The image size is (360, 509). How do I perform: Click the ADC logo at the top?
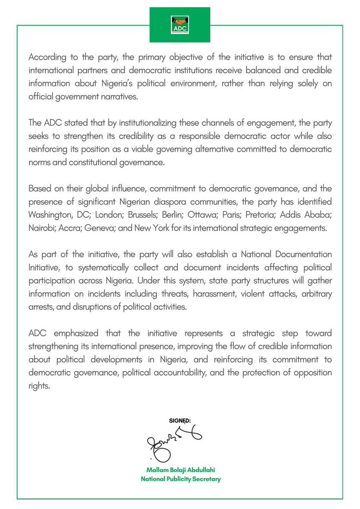180,25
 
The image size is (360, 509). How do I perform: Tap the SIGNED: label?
180,420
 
